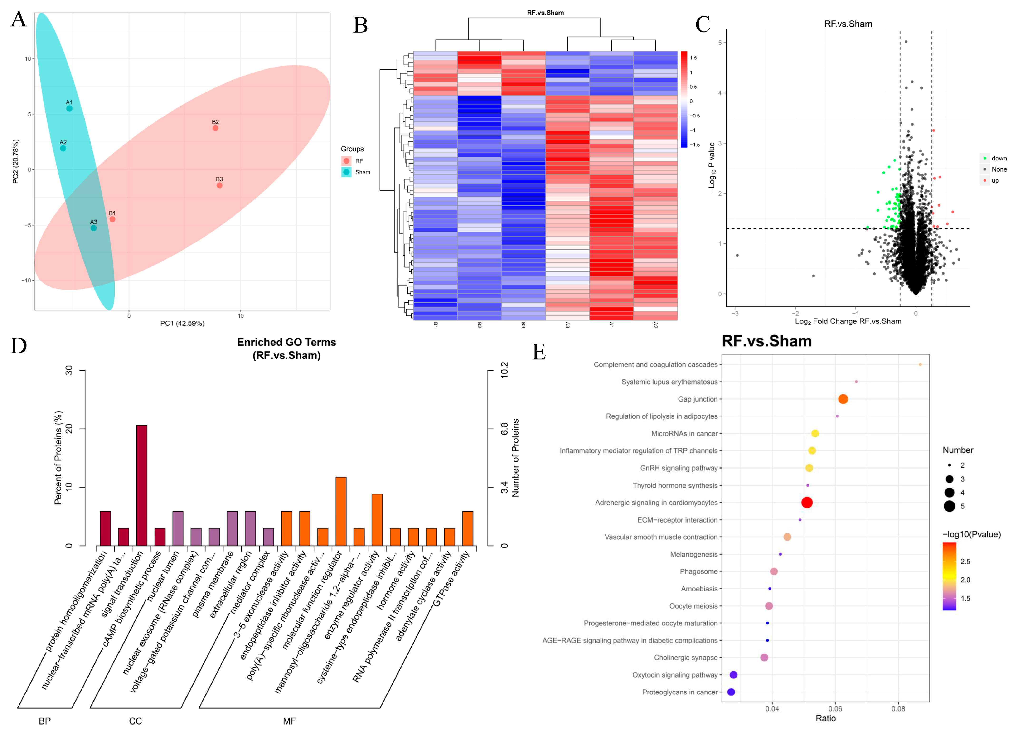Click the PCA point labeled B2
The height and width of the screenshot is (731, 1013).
215,128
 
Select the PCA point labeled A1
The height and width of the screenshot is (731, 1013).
69,108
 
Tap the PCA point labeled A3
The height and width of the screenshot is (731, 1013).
93,228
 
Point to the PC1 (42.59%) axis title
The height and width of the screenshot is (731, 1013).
182,323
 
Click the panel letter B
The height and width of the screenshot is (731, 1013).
360,26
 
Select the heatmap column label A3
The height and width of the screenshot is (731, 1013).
567,325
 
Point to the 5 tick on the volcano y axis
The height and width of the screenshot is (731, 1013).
720,43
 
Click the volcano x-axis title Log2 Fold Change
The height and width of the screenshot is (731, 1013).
848,321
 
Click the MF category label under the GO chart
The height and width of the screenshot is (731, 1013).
289,721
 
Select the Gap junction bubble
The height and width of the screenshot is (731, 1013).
843,399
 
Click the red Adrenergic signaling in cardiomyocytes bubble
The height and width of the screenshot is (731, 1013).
807,502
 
